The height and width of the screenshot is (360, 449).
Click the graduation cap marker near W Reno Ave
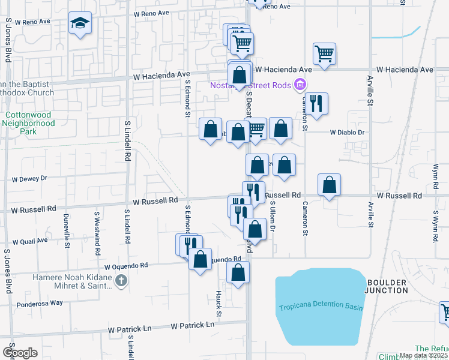pyautogui.click(x=80, y=24)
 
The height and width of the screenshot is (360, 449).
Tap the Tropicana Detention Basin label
pyautogui.click(x=321, y=307)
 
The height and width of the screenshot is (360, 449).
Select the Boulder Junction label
pyautogui.click(x=387, y=286)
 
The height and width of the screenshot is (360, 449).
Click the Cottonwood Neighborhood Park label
pyautogui.click(x=30, y=123)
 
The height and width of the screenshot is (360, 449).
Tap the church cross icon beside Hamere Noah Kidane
pyautogui.click(x=121, y=280)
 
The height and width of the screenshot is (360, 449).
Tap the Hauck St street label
pyautogui.click(x=219, y=305)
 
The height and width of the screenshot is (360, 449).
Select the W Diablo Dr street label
pyautogui.click(x=347, y=132)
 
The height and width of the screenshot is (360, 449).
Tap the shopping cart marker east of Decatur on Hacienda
pyautogui.click(x=324, y=54)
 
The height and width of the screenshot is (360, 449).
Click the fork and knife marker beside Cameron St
pyautogui.click(x=316, y=103)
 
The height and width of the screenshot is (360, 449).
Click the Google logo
pyautogui.click(x=20, y=353)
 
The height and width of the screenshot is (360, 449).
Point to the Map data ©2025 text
pyautogui.click(x=423, y=355)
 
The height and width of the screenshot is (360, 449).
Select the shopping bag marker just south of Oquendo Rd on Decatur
pyautogui.click(x=238, y=272)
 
